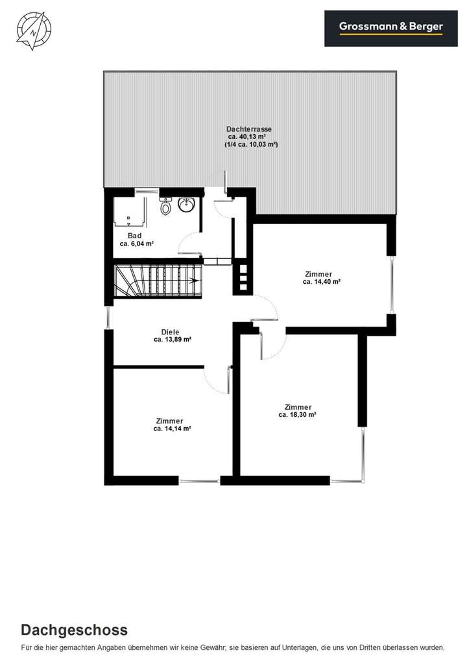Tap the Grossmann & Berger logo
point(390,27)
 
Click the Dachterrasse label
point(249,129)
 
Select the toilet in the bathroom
point(166,206)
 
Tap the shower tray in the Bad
point(129,212)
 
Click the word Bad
point(135,236)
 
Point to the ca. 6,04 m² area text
point(137,244)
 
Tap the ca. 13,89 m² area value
point(172,340)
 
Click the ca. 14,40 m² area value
point(322,282)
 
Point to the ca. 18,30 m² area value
point(297,414)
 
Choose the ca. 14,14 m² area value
point(172,429)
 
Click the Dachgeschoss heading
point(75,630)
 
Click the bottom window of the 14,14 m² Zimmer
point(199,480)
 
